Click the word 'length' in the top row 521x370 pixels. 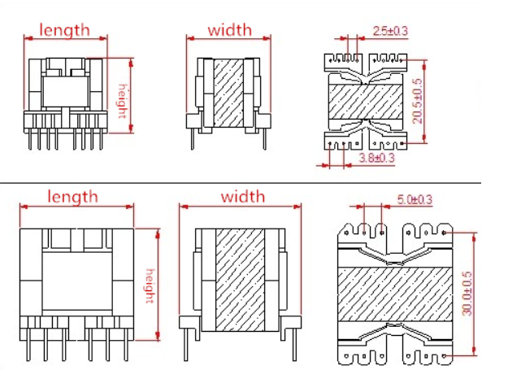coord(65,30)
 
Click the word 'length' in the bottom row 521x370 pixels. coord(72,197)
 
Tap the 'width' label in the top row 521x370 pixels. coord(230,31)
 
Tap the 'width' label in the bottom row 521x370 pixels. coord(242,197)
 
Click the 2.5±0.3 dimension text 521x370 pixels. coord(390,31)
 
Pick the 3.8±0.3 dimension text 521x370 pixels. coord(376,159)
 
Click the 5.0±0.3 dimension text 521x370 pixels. coord(414,199)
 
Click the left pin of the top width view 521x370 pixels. coord(193,137)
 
